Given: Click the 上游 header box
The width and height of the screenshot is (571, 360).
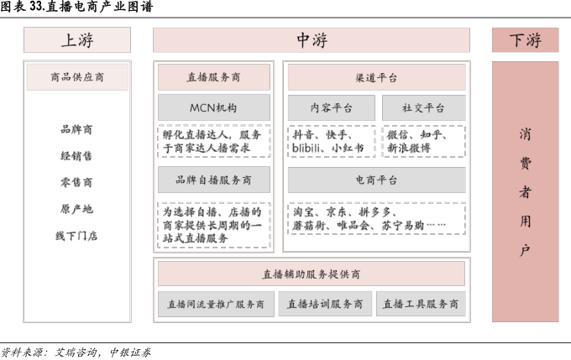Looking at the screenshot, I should (x=77, y=39).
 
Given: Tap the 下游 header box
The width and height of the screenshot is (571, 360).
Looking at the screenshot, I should (x=525, y=39).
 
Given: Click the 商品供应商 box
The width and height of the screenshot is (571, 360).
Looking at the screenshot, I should (x=77, y=78).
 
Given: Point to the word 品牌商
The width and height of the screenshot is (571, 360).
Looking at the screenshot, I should (x=76, y=129).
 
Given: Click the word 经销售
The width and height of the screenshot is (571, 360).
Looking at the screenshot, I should (x=76, y=155).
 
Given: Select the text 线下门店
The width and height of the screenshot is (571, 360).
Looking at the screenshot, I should (x=76, y=236).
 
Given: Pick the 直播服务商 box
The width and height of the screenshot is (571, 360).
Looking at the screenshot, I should (x=214, y=78).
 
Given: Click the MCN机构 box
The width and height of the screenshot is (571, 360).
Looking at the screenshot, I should (x=214, y=107).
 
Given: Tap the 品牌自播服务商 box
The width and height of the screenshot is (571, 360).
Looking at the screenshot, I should (x=214, y=180).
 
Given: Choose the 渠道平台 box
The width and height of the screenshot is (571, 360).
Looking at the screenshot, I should (x=376, y=78).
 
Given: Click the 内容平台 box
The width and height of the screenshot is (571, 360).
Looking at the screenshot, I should (x=332, y=107).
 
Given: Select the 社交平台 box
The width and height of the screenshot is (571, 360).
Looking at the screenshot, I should (x=423, y=107).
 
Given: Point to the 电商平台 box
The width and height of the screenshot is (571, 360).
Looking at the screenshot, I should (x=376, y=180).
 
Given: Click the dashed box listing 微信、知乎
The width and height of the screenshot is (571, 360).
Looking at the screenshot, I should (x=423, y=141).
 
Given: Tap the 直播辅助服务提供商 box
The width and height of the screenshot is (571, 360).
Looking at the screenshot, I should (x=311, y=274).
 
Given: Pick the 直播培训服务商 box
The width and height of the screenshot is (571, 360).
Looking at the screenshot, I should (x=324, y=304).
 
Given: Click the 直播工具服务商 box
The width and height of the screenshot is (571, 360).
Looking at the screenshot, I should (x=420, y=304).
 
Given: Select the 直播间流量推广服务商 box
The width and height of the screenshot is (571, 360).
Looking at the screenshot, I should (x=215, y=304).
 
